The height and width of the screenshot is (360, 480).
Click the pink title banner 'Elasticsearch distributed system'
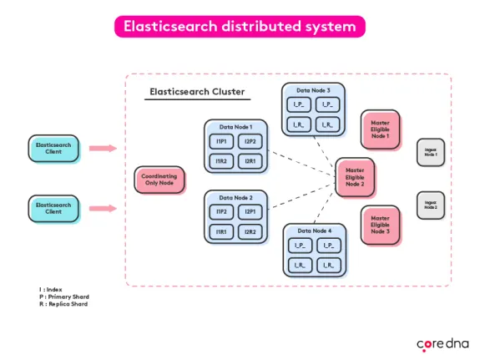pos(240,27)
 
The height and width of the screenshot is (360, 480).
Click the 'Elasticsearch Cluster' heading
pos(197,91)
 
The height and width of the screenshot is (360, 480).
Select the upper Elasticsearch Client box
pos(56,149)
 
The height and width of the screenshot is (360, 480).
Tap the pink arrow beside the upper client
pos(103,149)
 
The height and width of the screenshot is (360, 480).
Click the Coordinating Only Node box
pos(159,179)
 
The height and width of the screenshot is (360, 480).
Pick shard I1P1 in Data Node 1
pos(222,142)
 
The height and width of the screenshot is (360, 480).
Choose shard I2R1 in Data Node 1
pos(250,160)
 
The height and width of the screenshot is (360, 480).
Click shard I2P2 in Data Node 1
pos(250,142)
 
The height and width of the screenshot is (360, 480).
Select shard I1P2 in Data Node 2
pos(222,213)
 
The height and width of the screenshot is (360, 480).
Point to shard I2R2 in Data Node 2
pos(250,231)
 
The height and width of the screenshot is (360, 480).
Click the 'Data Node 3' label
pos(313,89)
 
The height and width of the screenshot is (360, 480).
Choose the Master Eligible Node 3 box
pos(381,225)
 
